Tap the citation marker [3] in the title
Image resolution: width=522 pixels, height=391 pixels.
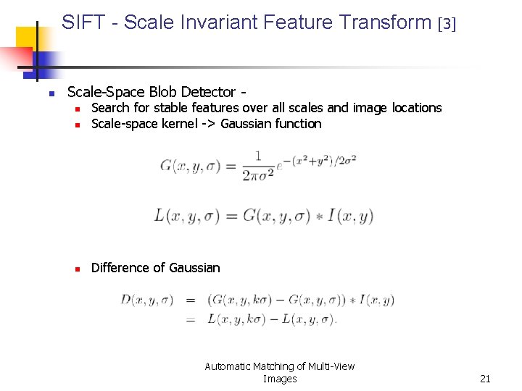447,24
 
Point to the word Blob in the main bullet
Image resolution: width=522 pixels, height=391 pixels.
163,92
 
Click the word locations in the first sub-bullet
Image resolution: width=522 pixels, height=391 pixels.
416,108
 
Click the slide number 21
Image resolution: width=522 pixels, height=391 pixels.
485,379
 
